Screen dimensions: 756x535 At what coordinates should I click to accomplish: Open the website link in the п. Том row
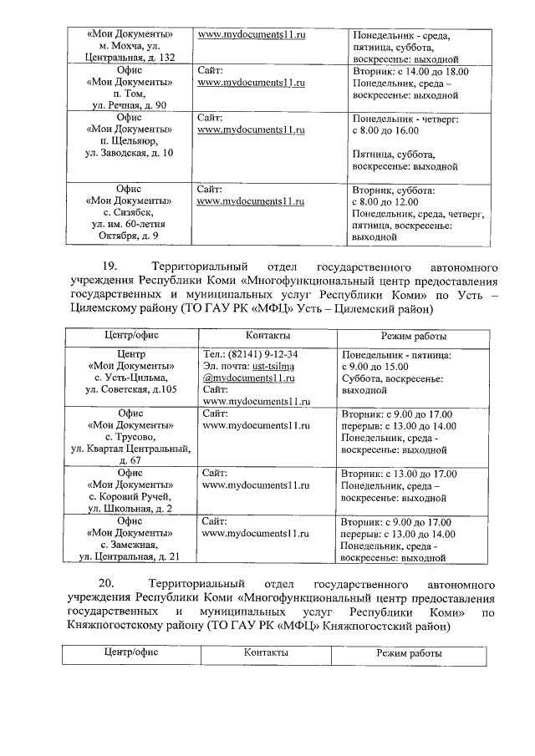(251, 84)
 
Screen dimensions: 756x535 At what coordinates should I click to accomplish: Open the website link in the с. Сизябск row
(251, 201)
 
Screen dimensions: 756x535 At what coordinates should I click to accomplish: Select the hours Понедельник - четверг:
(405, 119)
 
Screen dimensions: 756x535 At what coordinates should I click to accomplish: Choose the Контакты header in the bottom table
(266, 652)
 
